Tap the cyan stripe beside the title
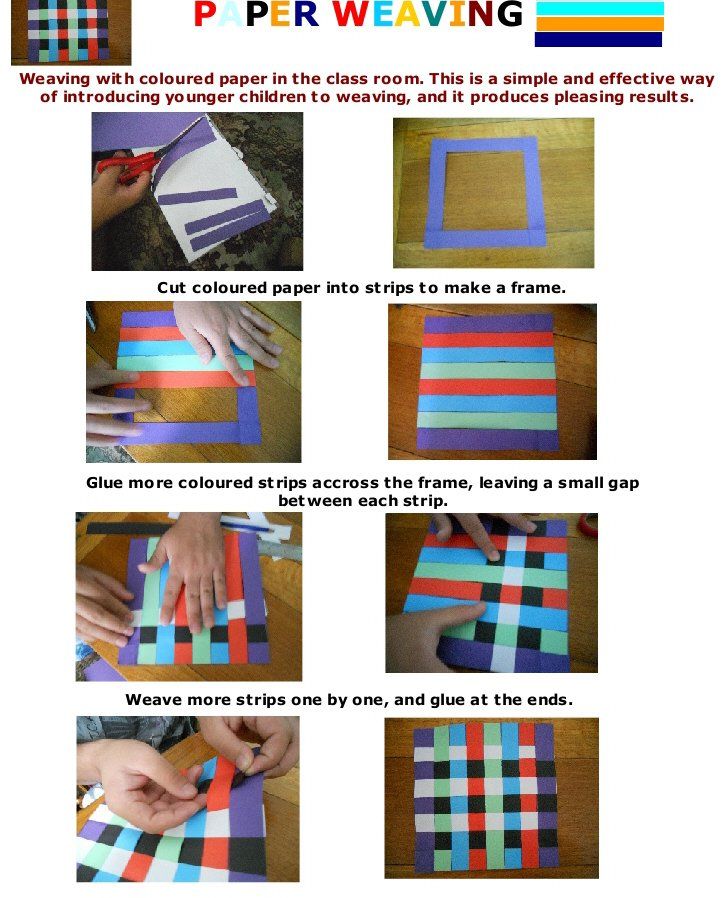point(599,8)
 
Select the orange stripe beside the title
point(599,23)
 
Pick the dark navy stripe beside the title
point(599,39)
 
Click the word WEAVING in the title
point(427,14)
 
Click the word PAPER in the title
point(256,14)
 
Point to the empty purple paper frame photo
point(493,193)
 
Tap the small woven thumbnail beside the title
point(71,32)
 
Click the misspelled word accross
point(345,483)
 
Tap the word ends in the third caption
point(550,700)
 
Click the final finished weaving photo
point(492,798)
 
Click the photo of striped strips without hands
point(492,381)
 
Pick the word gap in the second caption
point(623,484)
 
